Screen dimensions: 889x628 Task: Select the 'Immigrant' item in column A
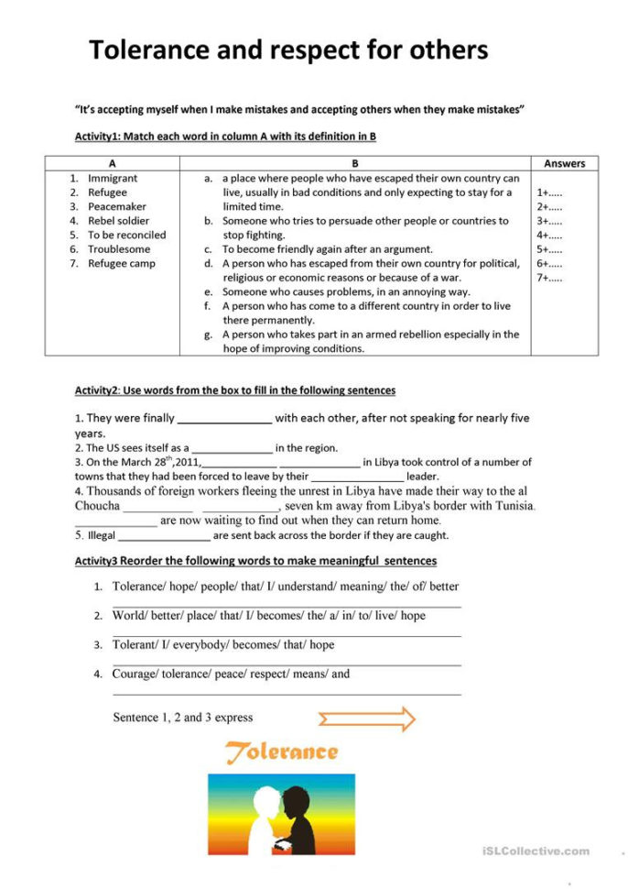point(113,178)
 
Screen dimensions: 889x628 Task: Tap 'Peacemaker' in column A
point(116,206)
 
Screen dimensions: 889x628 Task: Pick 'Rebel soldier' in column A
point(118,221)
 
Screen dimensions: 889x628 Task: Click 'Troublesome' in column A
point(119,249)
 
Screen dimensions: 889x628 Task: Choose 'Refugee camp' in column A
point(121,264)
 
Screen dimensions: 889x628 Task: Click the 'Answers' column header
point(564,163)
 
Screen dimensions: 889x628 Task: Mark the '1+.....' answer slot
point(549,193)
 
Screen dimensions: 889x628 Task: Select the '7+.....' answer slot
point(549,278)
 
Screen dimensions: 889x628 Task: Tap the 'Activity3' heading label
point(97,561)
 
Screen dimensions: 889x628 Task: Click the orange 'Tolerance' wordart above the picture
point(282,752)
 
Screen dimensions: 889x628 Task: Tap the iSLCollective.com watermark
point(536,851)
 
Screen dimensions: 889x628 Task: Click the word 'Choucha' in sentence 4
point(97,506)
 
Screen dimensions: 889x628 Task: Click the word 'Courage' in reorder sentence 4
point(134,674)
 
